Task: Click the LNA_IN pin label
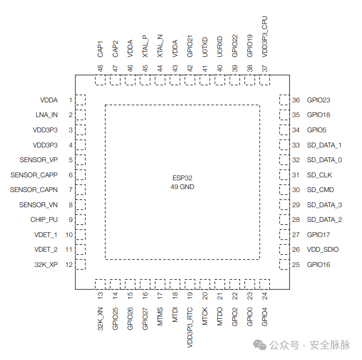coord(47,115)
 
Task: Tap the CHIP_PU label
coord(44,220)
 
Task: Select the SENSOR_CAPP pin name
coord(34,175)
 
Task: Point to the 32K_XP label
coord(46,264)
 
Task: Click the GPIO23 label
coord(318,100)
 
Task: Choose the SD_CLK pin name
coord(319,175)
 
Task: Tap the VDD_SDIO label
coord(323,250)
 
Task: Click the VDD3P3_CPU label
coord(265,37)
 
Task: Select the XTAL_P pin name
coord(145,46)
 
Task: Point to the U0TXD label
coord(205,48)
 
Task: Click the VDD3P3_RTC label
coord(190,328)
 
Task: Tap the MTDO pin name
coord(220,316)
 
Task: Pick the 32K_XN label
coord(100,319)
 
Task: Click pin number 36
coord(296,100)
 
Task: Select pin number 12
coord(69,264)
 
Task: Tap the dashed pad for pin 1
coord(80,100)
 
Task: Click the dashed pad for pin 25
coord(284,264)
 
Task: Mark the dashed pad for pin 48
coord(100,80)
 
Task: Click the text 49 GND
coord(182,187)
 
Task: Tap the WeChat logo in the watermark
coord(260,345)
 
